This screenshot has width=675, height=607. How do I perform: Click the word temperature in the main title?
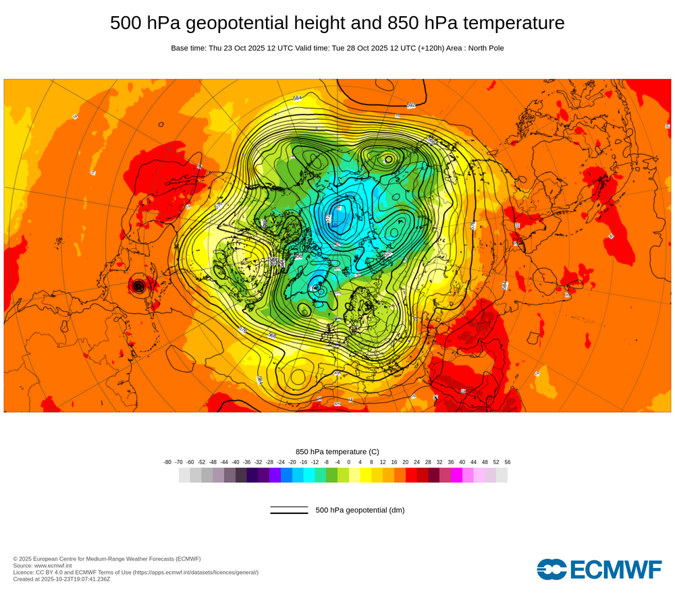(x=510, y=23)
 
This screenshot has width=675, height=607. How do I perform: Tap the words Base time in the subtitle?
(x=188, y=48)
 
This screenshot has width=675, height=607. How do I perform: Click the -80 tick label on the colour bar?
(x=167, y=462)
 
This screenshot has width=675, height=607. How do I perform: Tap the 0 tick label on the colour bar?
(x=349, y=462)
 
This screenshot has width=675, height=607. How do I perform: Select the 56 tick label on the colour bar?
(x=508, y=462)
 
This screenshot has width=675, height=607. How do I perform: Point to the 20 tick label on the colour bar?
(x=405, y=462)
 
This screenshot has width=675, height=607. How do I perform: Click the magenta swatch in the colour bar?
(x=456, y=475)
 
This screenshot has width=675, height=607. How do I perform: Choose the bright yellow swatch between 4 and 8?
(x=366, y=475)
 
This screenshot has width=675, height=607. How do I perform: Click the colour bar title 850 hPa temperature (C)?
(x=337, y=451)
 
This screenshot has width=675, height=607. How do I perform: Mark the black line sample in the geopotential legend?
(x=289, y=510)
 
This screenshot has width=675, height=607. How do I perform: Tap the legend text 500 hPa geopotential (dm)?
(x=360, y=510)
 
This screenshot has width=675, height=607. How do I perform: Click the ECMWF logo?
(x=599, y=569)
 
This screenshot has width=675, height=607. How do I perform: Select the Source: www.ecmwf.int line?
(x=43, y=565)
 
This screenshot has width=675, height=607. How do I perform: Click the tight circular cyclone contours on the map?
(x=139, y=287)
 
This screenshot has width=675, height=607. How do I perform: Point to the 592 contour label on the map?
(x=411, y=105)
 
